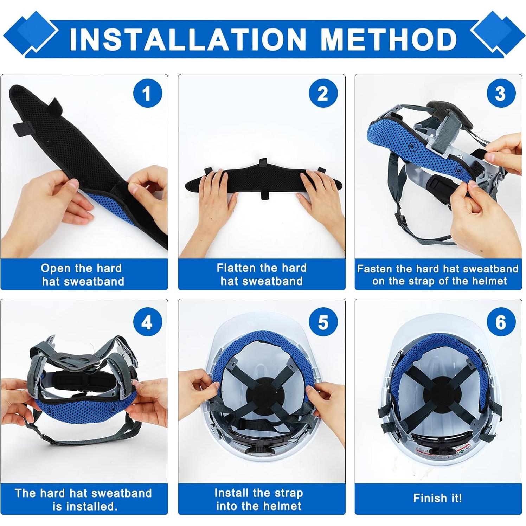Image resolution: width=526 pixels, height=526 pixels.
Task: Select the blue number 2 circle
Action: [x=323, y=94]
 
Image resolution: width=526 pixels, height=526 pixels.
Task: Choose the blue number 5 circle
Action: [x=323, y=322]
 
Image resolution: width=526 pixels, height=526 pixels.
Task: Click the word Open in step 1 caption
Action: [x=56, y=269]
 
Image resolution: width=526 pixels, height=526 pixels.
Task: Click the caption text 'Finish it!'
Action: [x=438, y=498]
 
